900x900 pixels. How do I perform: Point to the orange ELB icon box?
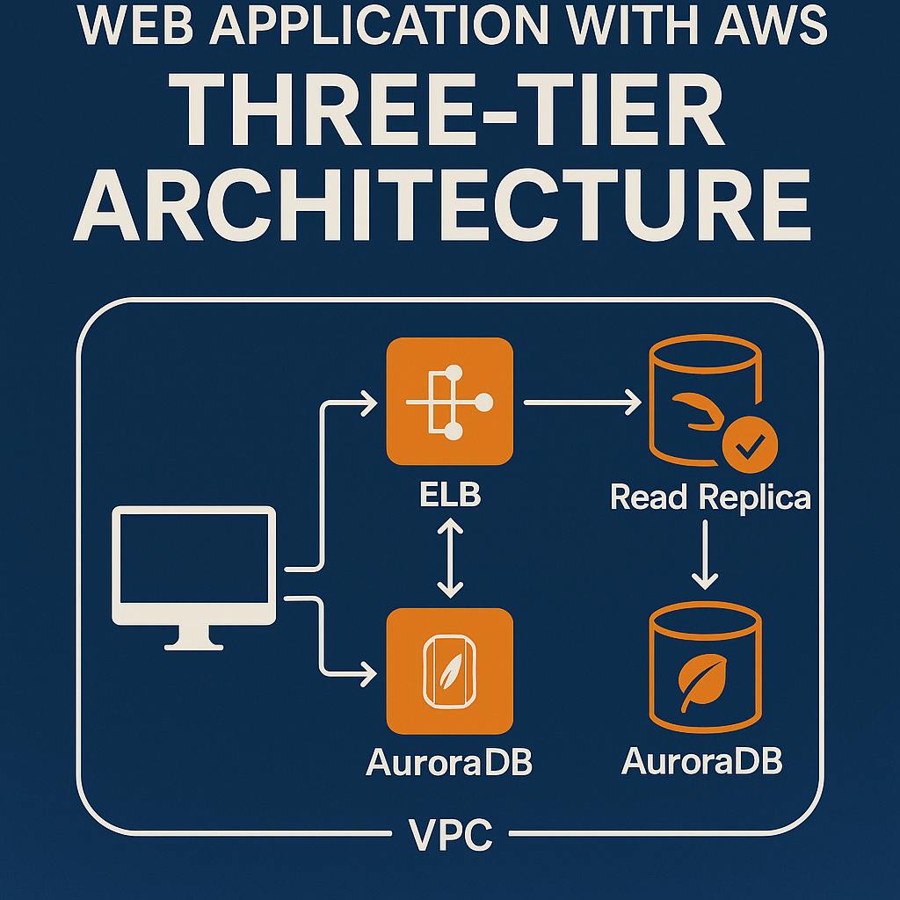(449, 402)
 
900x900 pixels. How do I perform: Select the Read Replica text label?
(710, 497)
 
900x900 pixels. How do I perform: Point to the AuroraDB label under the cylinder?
(701, 761)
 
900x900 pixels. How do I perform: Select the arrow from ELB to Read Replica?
(582, 403)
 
